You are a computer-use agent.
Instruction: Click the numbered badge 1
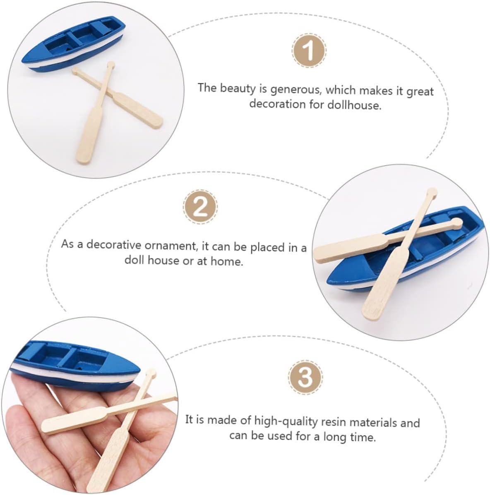309,50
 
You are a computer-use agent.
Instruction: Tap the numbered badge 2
200,207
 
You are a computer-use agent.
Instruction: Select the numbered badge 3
305,377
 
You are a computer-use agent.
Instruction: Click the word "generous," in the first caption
296,90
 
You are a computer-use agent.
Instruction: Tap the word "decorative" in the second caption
114,245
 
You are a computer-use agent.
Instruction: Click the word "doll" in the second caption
135,260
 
